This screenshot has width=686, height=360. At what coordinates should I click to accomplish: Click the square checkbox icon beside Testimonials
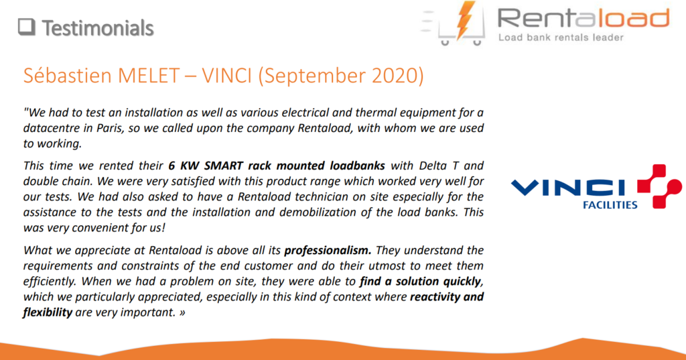click(27, 27)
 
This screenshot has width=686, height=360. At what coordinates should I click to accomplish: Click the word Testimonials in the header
click(98, 28)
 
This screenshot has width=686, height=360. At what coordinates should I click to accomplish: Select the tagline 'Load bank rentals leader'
click(561, 38)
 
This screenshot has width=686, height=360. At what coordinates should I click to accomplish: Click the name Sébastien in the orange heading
click(68, 75)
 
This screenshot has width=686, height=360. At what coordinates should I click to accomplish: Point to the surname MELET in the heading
click(149, 76)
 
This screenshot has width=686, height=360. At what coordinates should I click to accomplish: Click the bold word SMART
click(224, 166)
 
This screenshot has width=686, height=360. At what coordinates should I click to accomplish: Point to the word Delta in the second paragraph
click(433, 166)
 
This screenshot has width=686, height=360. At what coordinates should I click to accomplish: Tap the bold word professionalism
click(328, 251)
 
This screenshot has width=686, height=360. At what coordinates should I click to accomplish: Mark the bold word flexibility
click(48, 312)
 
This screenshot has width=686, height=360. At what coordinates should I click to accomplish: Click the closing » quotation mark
click(182, 313)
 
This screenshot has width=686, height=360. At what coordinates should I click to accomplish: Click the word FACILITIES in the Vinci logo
click(610, 205)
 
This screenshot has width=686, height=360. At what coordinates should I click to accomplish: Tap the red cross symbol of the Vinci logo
click(659, 186)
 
